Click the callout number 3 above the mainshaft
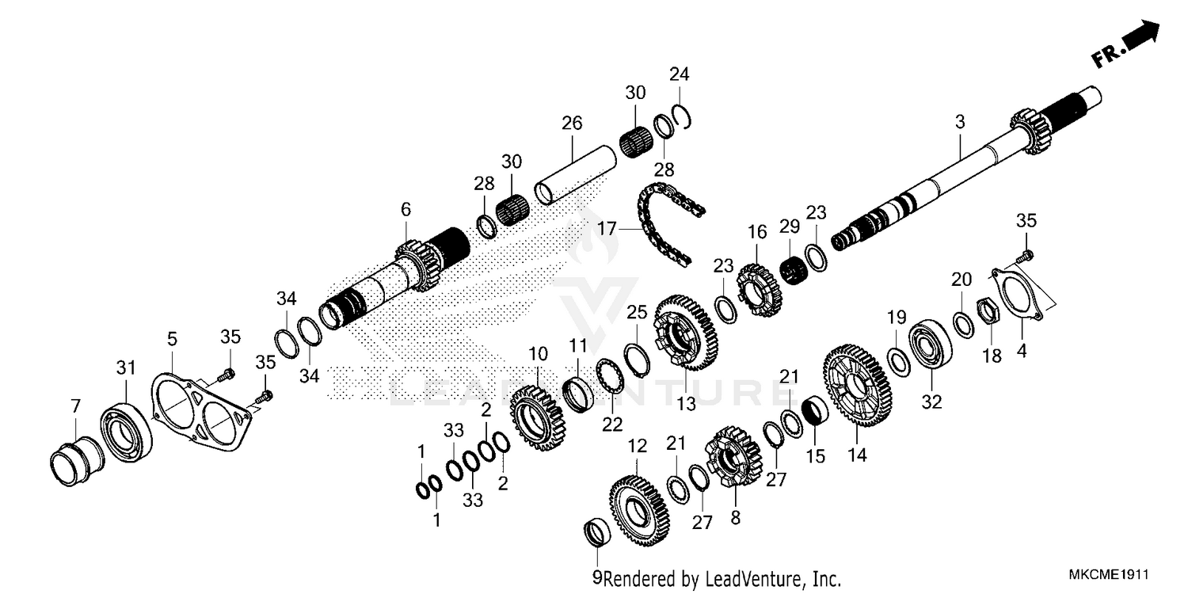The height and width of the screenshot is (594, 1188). pos(960,122)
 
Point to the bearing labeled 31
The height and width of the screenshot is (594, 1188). pos(127,430)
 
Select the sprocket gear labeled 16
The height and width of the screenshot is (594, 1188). pos(759,292)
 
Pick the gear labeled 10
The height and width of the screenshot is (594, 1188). pos(537,413)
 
